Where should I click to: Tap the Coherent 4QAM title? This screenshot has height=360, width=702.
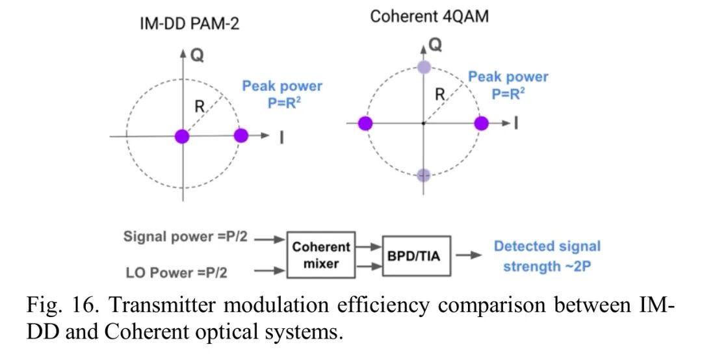(x=429, y=16)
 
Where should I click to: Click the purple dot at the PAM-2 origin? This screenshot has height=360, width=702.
(x=182, y=136)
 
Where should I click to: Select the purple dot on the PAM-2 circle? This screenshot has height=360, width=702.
(x=240, y=136)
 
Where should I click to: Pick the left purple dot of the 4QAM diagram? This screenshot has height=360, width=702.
(x=365, y=123)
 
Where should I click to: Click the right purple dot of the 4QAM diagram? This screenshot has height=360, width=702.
(x=481, y=123)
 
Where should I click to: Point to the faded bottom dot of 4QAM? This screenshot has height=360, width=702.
(x=424, y=174)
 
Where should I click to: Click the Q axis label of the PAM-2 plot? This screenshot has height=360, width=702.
(x=197, y=56)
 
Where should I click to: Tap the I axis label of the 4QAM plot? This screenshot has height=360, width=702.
(x=515, y=123)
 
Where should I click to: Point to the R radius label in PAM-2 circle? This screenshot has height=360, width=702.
(x=200, y=105)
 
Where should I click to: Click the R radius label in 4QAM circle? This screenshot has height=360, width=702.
(x=439, y=94)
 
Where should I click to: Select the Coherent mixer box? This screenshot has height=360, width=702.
(x=321, y=255)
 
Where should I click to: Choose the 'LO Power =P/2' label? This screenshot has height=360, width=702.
(x=192, y=272)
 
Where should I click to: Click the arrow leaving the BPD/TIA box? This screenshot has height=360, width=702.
(x=468, y=255)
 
